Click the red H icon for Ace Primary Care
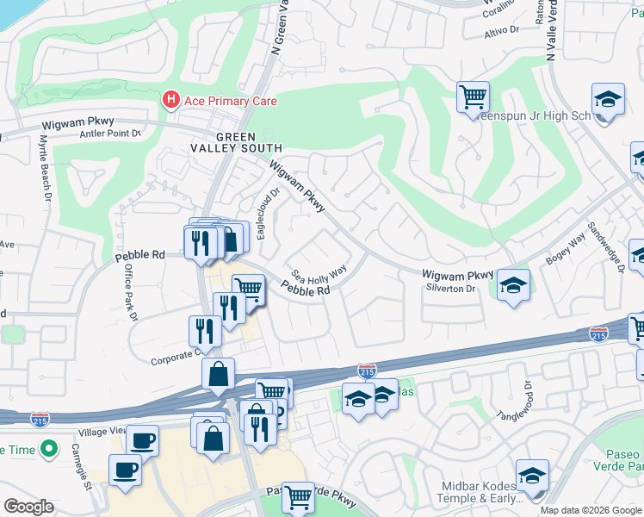(x=170, y=101)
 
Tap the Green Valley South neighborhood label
(x=248, y=142)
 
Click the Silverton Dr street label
(x=450, y=289)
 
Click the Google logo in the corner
(x=28, y=507)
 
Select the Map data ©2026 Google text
(x=590, y=510)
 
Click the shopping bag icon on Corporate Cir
(x=219, y=373)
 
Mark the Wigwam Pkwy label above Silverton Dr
(x=458, y=275)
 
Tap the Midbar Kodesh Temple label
(x=480, y=492)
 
